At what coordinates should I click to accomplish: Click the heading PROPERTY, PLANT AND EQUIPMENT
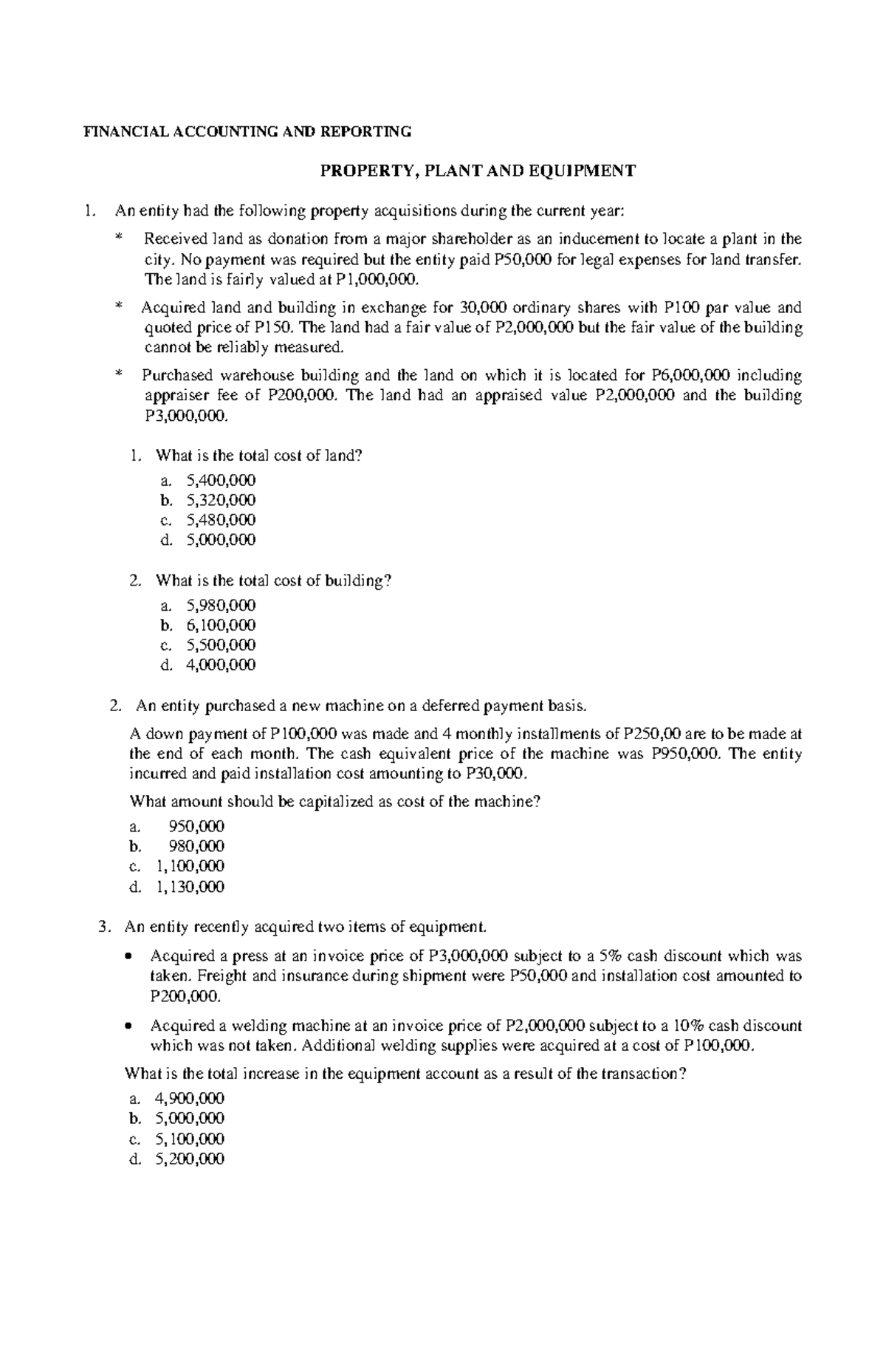tap(476, 171)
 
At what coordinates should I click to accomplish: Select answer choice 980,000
tap(197, 845)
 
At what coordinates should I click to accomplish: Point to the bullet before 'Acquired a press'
tap(129, 956)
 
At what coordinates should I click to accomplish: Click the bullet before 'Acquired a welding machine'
tap(129, 1026)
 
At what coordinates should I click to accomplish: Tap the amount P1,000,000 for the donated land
tap(377, 279)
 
